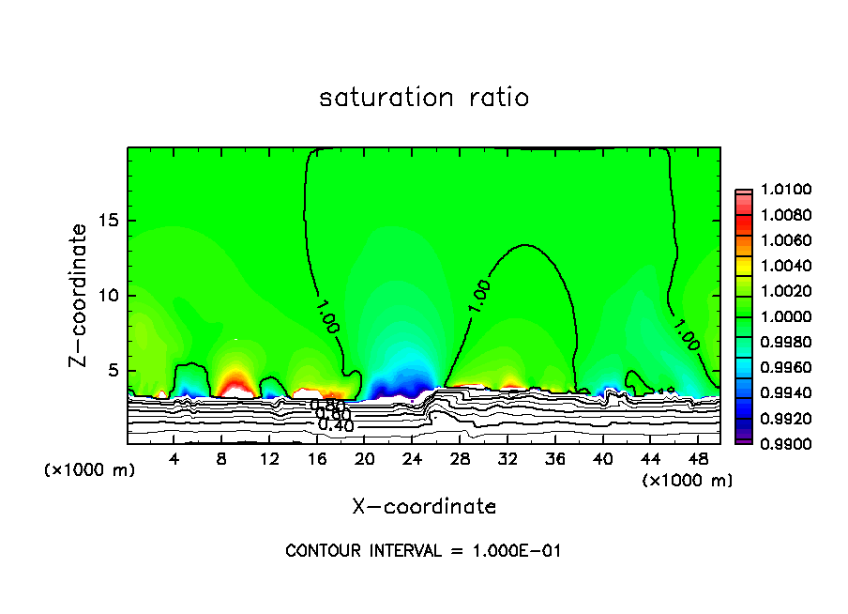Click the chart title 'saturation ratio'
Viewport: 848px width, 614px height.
[x=424, y=98]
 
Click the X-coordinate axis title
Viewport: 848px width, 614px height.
[x=424, y=507]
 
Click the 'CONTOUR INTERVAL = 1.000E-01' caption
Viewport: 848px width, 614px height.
[x=423, y=551]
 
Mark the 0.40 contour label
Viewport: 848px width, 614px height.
[x=335, y=425]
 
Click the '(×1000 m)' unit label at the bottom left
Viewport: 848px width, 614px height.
[x=90, y=469]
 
